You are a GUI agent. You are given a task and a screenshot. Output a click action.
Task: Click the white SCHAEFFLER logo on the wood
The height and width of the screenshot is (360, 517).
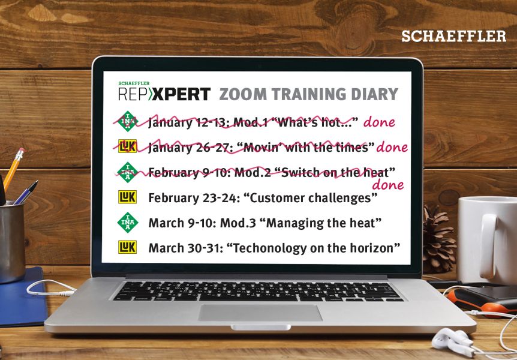453,36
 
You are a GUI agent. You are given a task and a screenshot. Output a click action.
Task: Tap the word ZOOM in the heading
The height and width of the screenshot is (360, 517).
242,94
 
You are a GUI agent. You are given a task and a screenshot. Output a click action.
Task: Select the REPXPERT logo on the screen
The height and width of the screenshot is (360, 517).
164,91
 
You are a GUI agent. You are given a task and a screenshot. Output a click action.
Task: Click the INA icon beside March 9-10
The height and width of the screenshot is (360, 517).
128,223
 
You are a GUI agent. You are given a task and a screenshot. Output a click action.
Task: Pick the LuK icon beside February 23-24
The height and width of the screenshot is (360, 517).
127,197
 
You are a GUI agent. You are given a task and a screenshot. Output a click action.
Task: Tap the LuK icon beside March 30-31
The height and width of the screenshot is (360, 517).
127,247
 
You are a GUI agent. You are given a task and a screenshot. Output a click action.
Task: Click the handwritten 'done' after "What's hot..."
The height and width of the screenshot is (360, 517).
379,122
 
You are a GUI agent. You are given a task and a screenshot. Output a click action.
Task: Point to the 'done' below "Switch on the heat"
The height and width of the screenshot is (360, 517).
387,185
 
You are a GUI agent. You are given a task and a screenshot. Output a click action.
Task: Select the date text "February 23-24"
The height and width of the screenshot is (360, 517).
193,198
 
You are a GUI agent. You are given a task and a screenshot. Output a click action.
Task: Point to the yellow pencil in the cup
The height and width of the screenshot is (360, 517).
13,170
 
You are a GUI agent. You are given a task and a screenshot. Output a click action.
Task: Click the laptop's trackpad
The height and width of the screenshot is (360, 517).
260,313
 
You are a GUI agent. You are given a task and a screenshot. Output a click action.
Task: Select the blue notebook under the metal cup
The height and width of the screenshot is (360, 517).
22,296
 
